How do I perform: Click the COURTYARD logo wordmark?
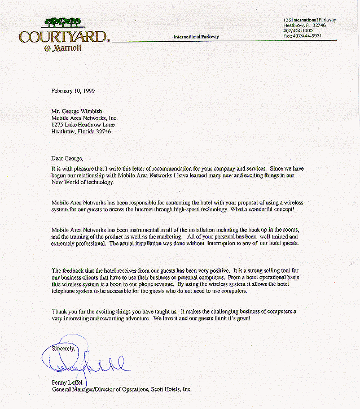62,37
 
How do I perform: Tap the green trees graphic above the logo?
62,23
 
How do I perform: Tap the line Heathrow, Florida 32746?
81,131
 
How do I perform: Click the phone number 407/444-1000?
298,31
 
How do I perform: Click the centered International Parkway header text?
196,37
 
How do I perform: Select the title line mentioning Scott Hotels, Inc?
122,389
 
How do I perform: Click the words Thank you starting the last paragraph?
64,312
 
